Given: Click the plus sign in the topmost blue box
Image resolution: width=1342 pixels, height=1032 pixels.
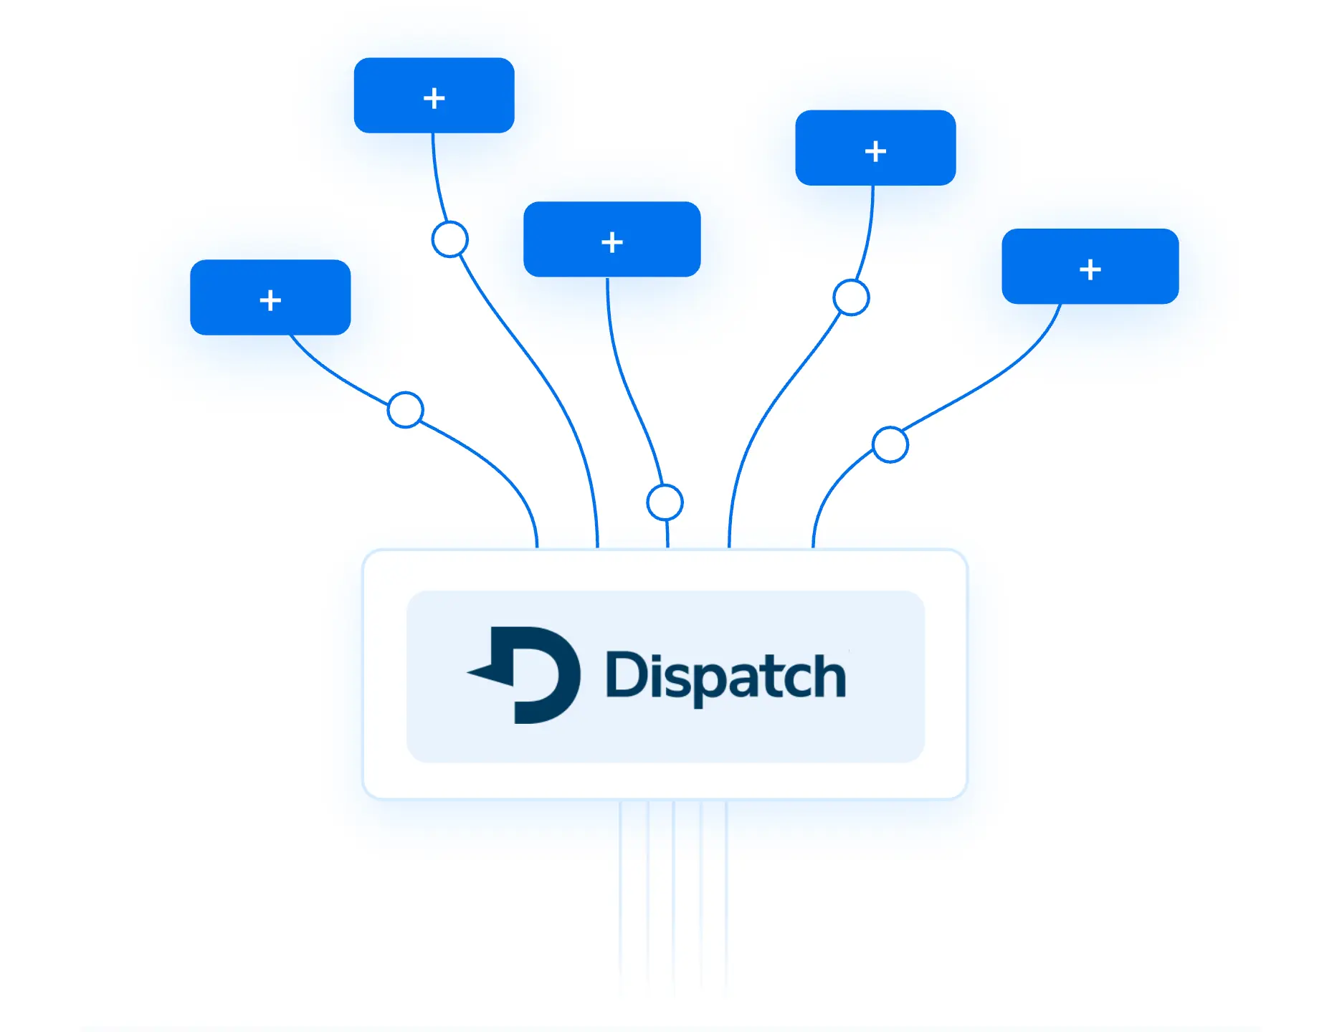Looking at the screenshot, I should click(x=434, y=97).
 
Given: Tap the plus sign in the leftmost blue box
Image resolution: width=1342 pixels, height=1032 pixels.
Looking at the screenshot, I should click(x=270, y=300).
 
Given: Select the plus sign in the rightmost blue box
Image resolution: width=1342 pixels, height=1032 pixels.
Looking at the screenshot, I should click(x=1090, y=269).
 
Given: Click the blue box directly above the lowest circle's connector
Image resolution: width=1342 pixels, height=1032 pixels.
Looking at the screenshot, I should click(x=611, y=239).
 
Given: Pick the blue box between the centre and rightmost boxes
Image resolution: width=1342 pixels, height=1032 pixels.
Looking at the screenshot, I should click(x=875, y=148).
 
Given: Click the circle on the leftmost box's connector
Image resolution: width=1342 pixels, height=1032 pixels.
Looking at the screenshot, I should click(x=405, y=410).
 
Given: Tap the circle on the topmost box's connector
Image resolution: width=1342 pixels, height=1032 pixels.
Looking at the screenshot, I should click(x=450, y=239).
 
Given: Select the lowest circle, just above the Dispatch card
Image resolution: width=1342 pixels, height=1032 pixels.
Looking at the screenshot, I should click(x=665, y=502).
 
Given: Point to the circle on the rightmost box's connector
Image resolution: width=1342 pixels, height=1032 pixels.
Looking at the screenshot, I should click(x=890, y=444).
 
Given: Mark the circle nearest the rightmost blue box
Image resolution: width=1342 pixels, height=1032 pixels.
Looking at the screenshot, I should click(x=851, y=297).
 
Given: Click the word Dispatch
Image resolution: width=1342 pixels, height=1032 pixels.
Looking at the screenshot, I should click(x=725, y=676).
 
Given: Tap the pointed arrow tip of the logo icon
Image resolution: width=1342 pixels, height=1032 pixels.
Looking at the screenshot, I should click(x=472, y=672).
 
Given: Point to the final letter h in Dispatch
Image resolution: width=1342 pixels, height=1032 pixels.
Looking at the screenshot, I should click(x=830, y=675).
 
